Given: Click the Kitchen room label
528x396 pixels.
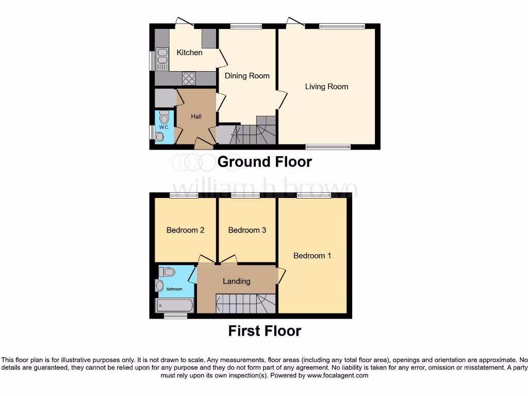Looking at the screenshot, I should pyautogui.click(x=189, y=53).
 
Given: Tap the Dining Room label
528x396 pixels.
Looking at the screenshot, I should pyautogui.click(x=247, y=76).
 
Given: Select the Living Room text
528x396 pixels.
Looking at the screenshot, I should pyautogui.click(x=326, y=87).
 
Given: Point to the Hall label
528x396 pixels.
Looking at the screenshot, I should pyautogui.click(x=196, y=117).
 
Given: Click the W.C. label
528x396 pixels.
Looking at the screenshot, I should pyautogui.click(x=164, y=127).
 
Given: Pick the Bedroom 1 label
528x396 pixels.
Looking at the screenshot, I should pyautogui.click(x=312, y=256).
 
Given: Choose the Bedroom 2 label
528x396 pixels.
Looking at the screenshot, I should pyautogui.click(x=185, y=230).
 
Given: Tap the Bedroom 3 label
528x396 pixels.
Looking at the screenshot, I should pyautogui.click(x=247, y=230).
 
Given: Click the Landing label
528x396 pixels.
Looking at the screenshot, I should pyautogui.click(x=236, y=281).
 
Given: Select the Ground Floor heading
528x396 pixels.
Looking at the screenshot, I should pyautogui.click(x=265, y=162).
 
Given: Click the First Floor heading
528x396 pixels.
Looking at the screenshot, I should pyautogui.click(x=265, y=331).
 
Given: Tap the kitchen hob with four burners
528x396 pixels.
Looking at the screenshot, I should pyautogui.click(x=189, y=78).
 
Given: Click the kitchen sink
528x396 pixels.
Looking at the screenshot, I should pyautogui.click(x=162, y=59).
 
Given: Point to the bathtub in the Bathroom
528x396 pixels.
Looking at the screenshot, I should pyautogui.click(x=175, y=305).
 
